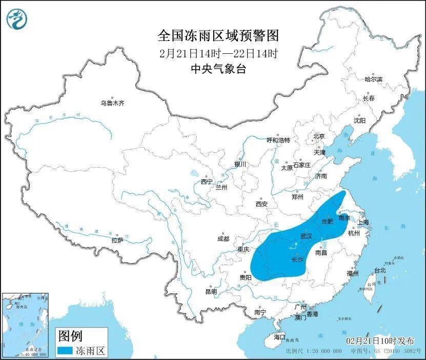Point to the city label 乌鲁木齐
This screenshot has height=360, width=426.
coord(112,103)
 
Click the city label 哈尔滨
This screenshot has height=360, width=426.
coord(373,79)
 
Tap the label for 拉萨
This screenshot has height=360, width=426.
coord(117,240)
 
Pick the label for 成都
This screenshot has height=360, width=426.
coord(224,239)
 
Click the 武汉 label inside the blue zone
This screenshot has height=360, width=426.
coord(307,236)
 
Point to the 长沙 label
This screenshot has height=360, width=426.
coord(297,260)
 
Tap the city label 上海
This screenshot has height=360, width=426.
coord(363,223)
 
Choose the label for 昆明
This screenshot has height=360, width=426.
coord(211,291)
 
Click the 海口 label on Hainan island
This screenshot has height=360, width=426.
coord(279,337)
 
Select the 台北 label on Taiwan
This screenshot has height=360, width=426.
coord(379,270)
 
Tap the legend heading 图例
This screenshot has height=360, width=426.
coord(70,336)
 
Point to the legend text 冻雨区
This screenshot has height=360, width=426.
coord(94,351)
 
